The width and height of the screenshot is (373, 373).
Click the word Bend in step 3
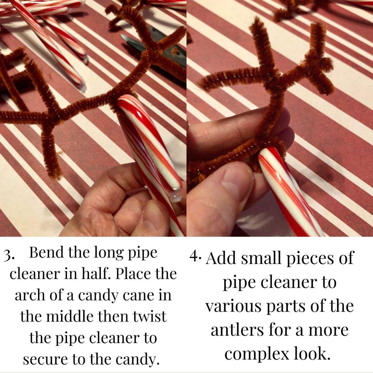[x=46, y=253]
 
